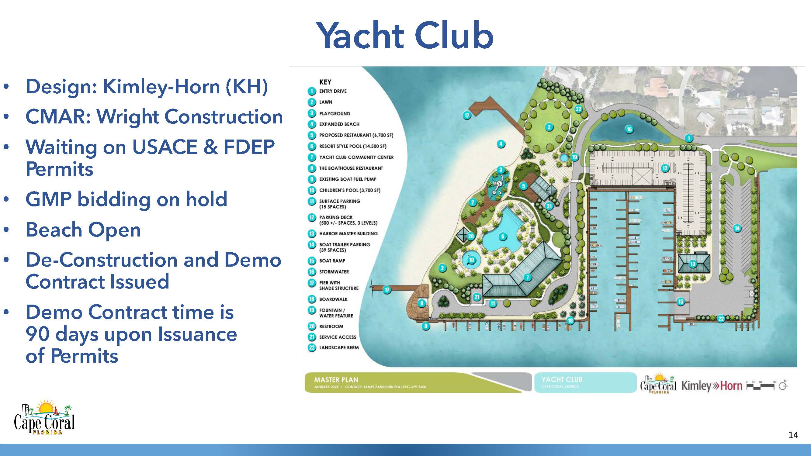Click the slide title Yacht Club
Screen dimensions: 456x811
[404, 35]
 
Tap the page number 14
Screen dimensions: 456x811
[793, 435]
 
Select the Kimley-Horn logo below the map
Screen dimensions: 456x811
[712, 385]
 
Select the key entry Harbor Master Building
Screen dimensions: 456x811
[348, 233]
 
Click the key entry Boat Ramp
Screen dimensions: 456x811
[332, 261]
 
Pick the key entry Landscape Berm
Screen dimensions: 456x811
[339, 347]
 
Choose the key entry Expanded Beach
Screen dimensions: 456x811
[339, 124]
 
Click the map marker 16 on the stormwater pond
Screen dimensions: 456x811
[629, 129]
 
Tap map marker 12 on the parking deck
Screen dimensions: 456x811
[665, 168]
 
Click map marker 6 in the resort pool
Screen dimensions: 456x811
[503, 236]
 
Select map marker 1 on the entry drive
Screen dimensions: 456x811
[688, 138]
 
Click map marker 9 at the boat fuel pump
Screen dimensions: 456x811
[426, 326]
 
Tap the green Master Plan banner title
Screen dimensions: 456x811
[336, 380]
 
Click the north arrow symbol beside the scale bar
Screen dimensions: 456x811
[783, 385]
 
